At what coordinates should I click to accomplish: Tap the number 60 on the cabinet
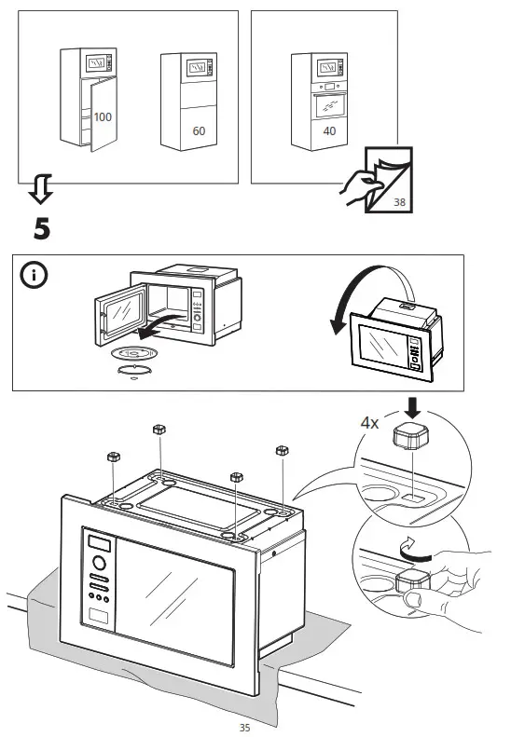pos(199,131)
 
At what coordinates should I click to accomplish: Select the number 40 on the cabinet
pos(329,131)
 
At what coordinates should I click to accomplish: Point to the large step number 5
pos(42,227)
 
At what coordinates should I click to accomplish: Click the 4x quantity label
pos(370,422)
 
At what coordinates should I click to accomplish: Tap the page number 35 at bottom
pos(245,726)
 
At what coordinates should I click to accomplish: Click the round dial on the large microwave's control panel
pos(99,565)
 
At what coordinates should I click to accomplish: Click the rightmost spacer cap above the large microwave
pos(281,451)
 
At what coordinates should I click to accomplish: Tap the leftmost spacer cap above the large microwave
pos(113,457)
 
